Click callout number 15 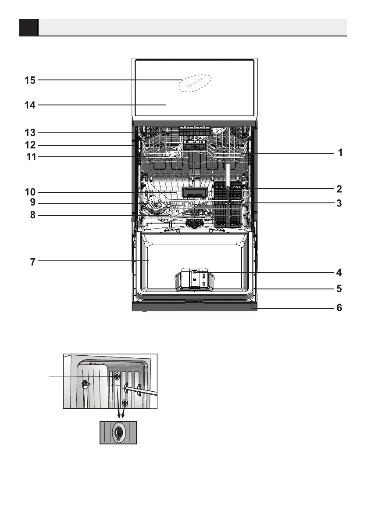pyautogui.click(x=30, y=80)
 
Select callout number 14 pyautogui.click(x=30, y=105)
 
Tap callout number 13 pyautogui.click(x=30, y=132)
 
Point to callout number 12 pyautogui.click(x=30, y=145)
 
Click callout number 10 pyautogui.click(x=30, y=192)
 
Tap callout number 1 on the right pyautogui.click(x=339, y=153)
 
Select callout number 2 pyautogui.click(x=339, y=189)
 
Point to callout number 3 pyautogui.click(x=339, y=203)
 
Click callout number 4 pyautogui.click(x=339, y=272)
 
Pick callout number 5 pyautogui.click(x=339, y=289)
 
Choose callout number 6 pyautogui.click(x=339, y=308)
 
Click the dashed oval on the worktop pyautogui.click(x=195, y=83)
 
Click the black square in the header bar pyautogui.click(x=29, y=27)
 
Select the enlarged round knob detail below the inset pyautogui.click(x=118, y=433)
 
